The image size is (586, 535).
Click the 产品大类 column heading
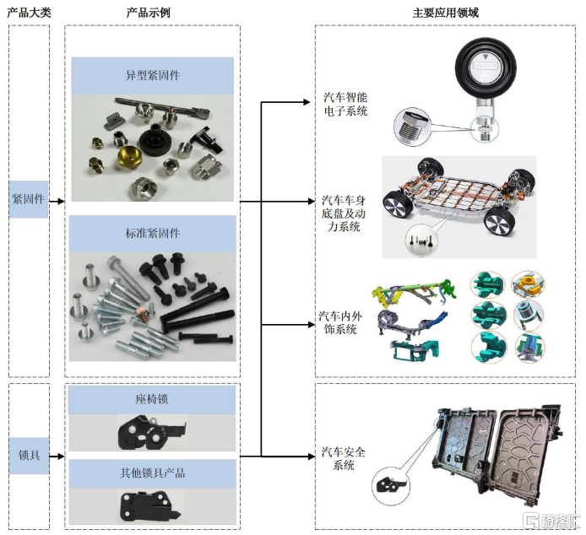pyautogui.click(x=29, y=13)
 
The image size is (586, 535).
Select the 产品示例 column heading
pyautogui.click(x=149, y=13)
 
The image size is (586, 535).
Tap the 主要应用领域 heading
pyautogui.click(x=446, y=13)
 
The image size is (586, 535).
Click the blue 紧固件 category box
pyautogui.click(x=29, y=199)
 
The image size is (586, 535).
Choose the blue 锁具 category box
pyautogui.click(x=30, y=456)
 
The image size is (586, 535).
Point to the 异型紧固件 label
pyautogui.click(x=153, y=75)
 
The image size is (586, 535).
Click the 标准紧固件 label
pyautogui.click(x=153, y=234)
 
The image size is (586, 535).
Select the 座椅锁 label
pyautogui.click(x=152, y=399)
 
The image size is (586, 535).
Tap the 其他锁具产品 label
pyautogui.click(x=153, y=473)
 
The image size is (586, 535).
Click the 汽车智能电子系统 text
pyautogui.click(x=345, y=105)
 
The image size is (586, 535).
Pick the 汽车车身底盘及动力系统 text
pyautogui.click(x=344, y=213)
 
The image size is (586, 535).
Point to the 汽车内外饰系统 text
pyautogui.click(x=340, y=323)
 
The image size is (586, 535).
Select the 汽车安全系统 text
pyautogui.click(x=344, y=458)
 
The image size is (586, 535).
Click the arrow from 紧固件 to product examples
pyautogui.click(x=57, y=202)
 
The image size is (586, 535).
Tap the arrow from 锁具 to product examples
pyautogui.click(x=57, y=457)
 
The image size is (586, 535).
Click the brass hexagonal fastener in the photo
pyautogui.click(x=129, y=157)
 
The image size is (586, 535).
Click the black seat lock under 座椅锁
pyautogui.click(x=151, y=433)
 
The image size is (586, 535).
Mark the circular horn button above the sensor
pyautogui.click(x=486, y=68)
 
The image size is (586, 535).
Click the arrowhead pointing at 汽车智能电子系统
pyautogui.click(x=307, y=102)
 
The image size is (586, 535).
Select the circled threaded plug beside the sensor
pyautogui.click(x=411, y=127)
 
